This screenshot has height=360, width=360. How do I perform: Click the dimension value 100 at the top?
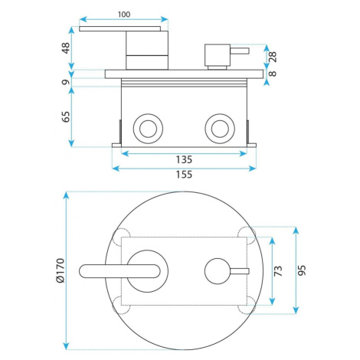pos(124,15)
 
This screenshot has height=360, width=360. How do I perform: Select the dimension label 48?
pos(66,48)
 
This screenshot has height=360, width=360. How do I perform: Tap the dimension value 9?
pos(66,82)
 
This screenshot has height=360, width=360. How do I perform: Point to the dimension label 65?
pos(66,116)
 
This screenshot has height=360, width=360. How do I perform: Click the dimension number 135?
pos(184,160)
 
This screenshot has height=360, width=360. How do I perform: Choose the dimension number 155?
pos(184,175)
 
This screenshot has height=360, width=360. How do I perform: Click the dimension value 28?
pos(273,57)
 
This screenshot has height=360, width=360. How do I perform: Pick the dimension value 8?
pos(273,74)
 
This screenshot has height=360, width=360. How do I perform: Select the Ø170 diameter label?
pos(61,270)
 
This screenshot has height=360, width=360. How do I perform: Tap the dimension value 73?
pos(278,270)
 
